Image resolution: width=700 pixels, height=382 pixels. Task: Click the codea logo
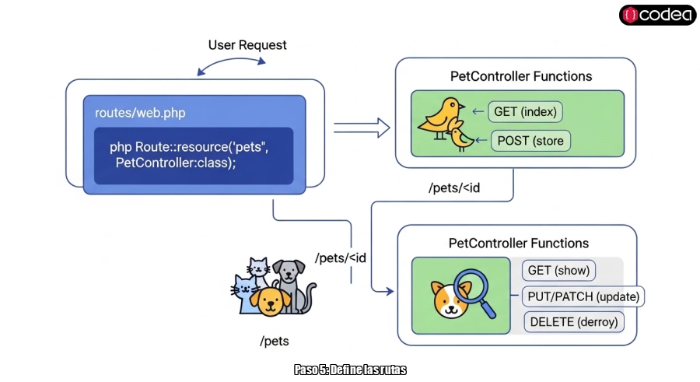point(657,15)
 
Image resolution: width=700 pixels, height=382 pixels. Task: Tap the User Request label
point(247,45)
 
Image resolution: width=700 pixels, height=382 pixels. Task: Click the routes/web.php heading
point(140,114)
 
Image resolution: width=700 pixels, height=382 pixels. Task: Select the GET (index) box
point(525,112)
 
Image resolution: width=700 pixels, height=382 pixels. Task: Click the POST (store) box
point(531,141)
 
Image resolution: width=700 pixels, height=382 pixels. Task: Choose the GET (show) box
point(558,271)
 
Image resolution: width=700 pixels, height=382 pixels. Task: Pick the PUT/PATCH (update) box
point(583,296)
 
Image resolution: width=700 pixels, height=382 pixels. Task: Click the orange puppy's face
point(269,302)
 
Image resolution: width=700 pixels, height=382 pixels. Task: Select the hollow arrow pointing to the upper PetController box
point(362,126)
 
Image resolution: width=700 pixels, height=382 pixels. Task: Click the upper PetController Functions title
point(521,76)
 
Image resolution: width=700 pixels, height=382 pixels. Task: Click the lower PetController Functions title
point(519,244)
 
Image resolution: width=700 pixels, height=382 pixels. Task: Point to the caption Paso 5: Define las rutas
point(350,370)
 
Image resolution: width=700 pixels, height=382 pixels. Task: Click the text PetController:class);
point(175,163)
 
